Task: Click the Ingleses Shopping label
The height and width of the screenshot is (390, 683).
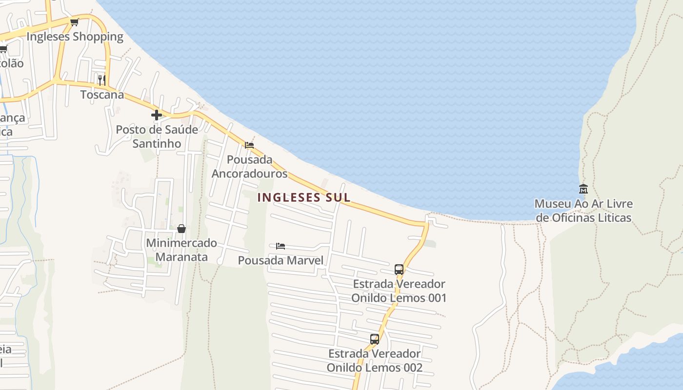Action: tap(75, 37)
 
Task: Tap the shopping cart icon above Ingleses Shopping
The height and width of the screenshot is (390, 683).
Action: tap(74, 22)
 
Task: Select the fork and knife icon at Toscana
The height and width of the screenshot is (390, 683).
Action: tap(101, 80)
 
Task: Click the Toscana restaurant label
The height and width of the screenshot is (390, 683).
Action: tap(102, 95)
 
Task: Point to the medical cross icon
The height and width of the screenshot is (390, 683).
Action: tap(157, 115)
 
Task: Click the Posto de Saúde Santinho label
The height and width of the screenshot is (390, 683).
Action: tap(157, 136)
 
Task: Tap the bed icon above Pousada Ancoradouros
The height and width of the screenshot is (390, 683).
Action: tap(249, 145)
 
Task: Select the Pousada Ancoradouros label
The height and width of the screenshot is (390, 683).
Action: tap(249, 167)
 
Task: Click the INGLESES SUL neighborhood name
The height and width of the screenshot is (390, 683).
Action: tap(303, 197)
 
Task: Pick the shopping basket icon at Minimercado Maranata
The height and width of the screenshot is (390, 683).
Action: tap(181, 228)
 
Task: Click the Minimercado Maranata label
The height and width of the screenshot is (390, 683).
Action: tap(181, 250)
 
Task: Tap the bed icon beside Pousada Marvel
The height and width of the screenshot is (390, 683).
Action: tap(281, 246)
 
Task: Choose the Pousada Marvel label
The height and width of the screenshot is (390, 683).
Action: tap(281, 260)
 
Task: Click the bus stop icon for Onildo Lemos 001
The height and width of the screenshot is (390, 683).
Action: tap(399, 269)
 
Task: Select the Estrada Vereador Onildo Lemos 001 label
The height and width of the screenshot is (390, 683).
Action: tap(399, 291)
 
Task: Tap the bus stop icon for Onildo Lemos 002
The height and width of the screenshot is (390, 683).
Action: tap(375, 339)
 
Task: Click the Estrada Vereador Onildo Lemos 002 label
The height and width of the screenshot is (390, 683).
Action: tap(375, 361)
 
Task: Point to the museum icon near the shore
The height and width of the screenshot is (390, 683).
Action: tap(583, 189)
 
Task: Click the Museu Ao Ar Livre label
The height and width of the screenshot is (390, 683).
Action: tap(583, 204)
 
